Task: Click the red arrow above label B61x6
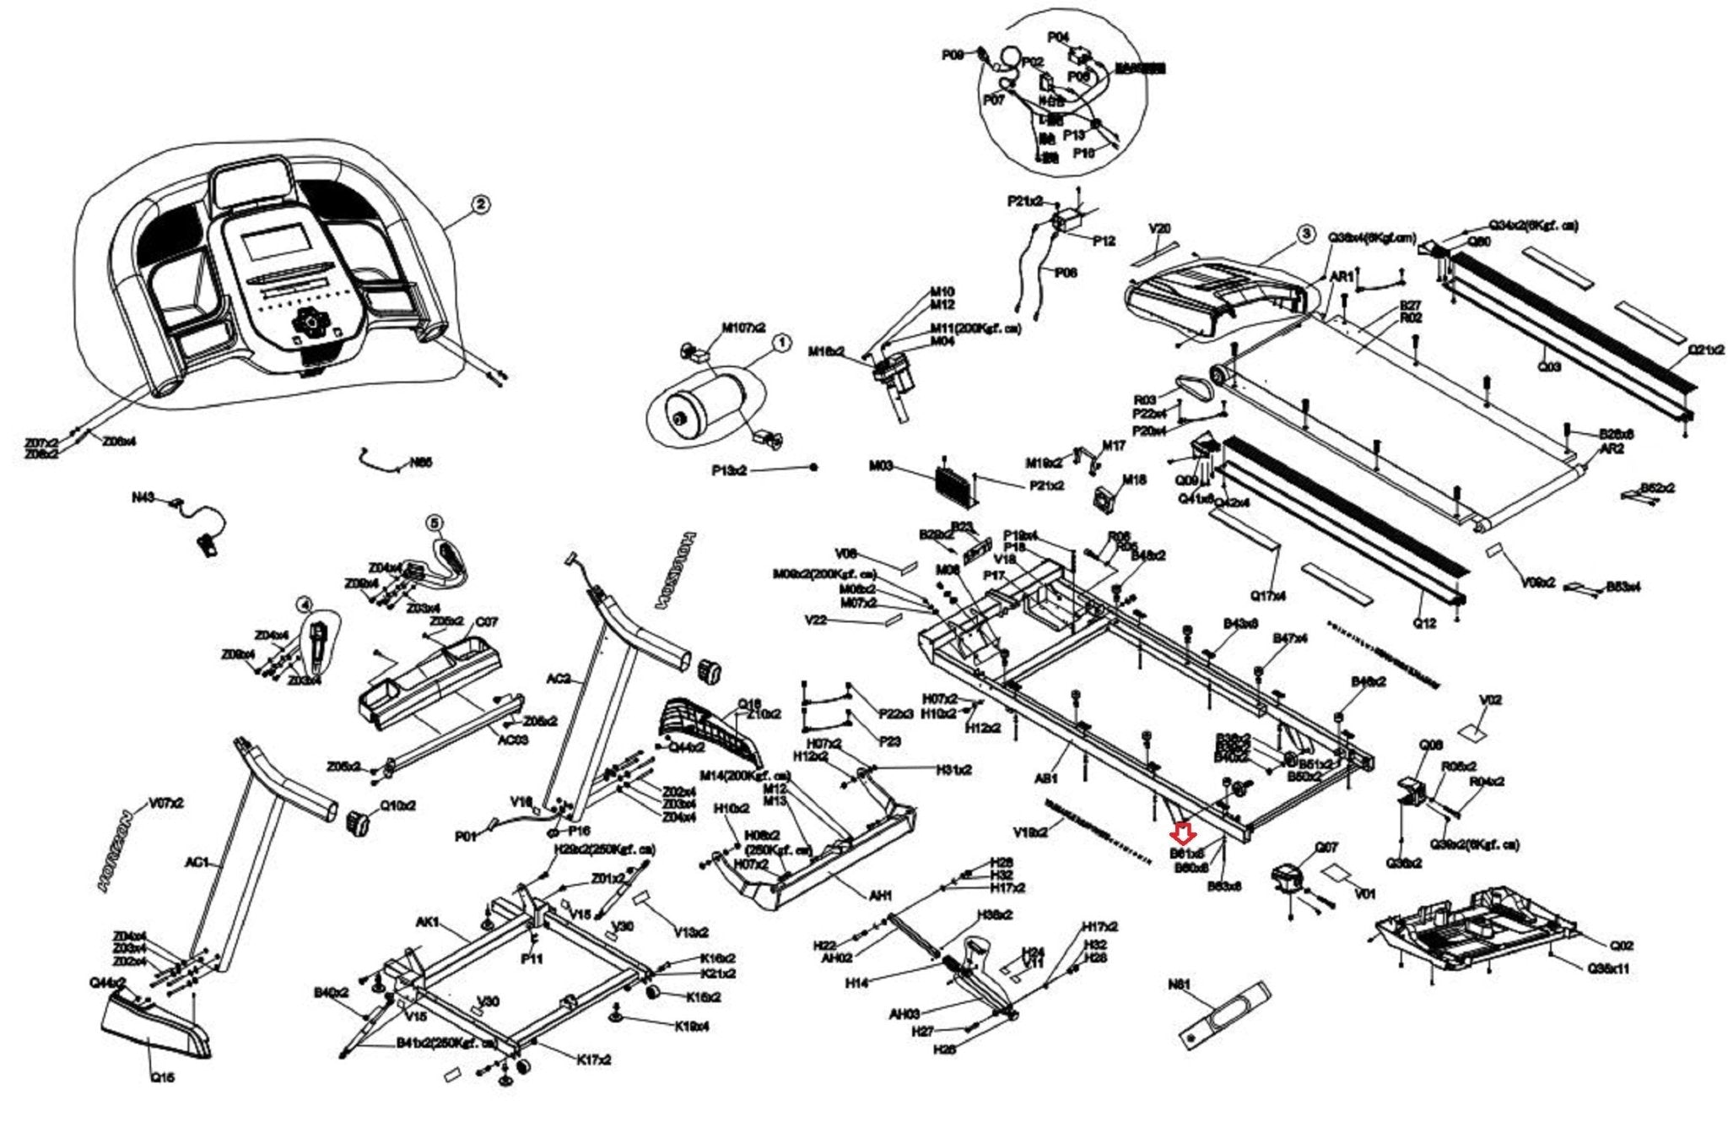click(x=1182, y=834)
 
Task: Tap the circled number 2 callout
click(x=479, y=203)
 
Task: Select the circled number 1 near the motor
click(x=781, y=343)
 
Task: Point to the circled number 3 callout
click(x=1305, y=233)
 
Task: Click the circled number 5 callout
click(x=435, y=523)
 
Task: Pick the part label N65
click(x=420, y=463)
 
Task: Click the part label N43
click(x=143, y=498)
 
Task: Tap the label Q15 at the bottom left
click(x=162, y=1077)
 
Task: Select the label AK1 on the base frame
click(x=428, y=923)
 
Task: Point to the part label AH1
click(x=880, y=896)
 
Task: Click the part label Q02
click(x=1622, y=946)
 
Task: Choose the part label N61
click(x=1179, y=984)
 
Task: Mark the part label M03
click(x=881, y=466)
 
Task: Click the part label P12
click(x=1104, y=241)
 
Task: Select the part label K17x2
click(x=594, y=1060)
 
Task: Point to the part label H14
click(x=856, y=983)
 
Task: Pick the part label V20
click(x=1160, y=228)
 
